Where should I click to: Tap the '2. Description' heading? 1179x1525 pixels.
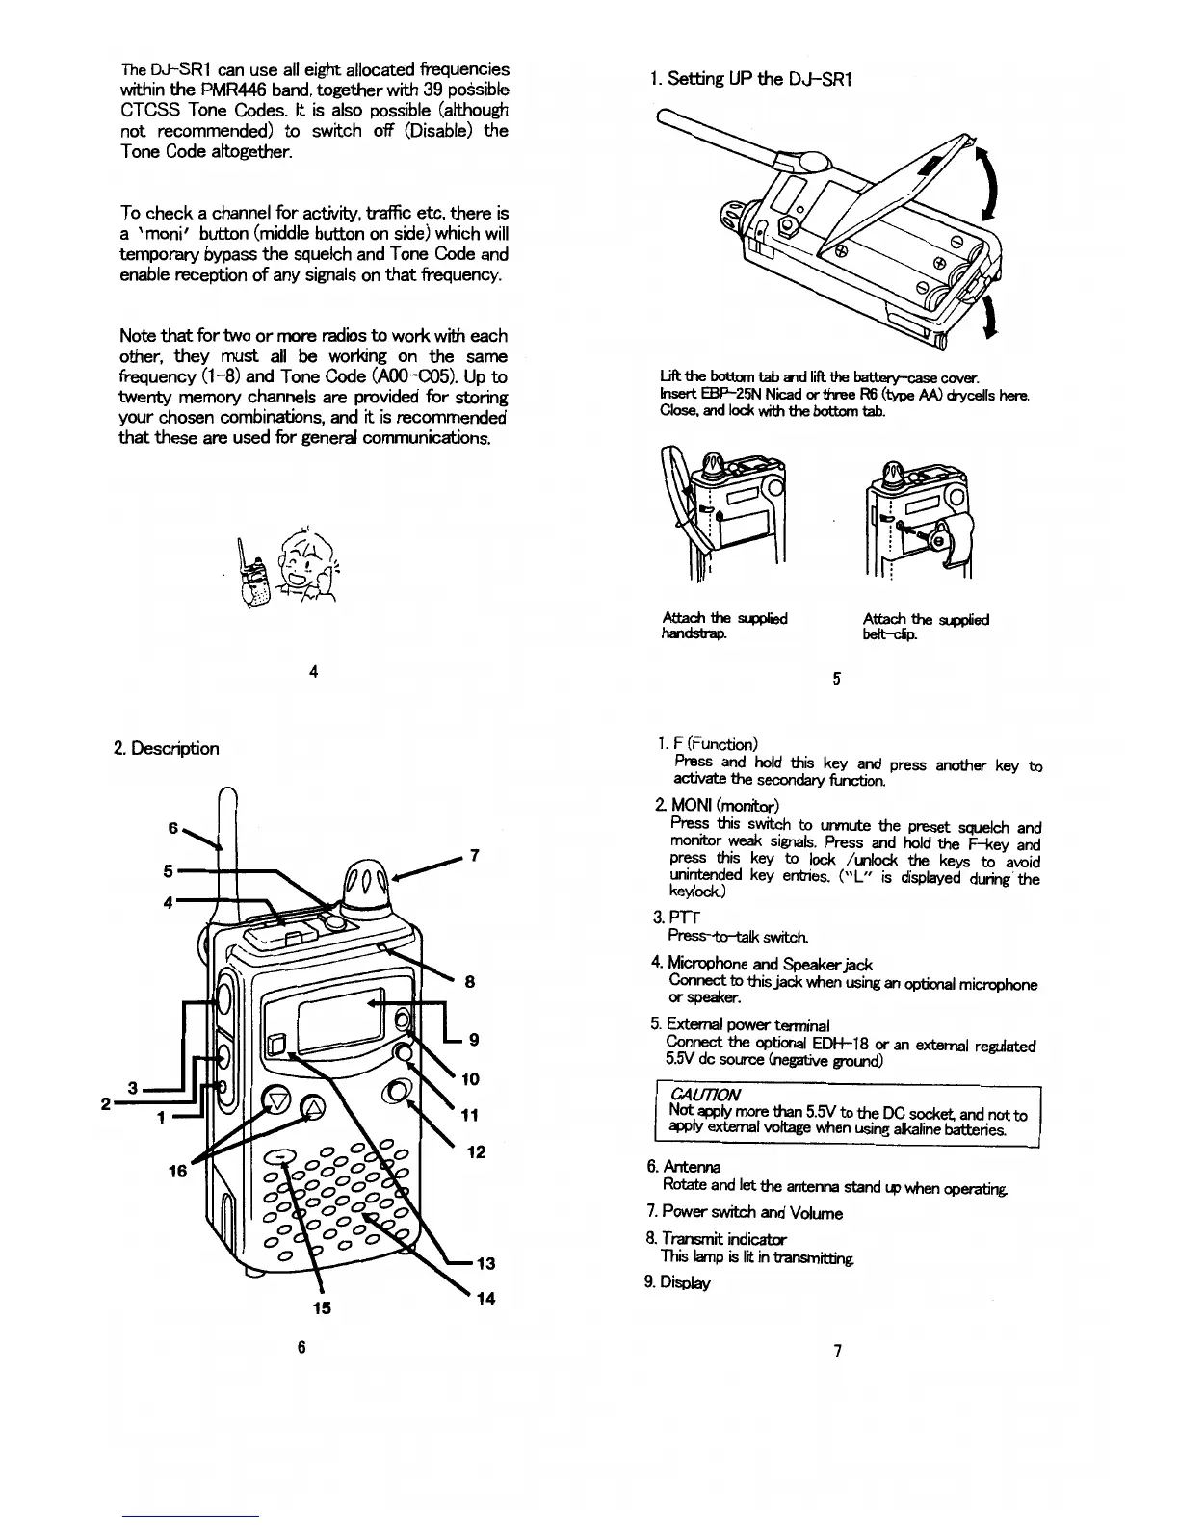[x=167, y=748]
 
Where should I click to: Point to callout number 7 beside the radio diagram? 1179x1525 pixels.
[x=473, y=855]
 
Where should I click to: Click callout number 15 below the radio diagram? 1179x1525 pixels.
[x=323, y=1307]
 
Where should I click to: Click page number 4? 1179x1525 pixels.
[x=314, y=671]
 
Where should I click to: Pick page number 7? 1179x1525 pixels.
[x=836, y=1351]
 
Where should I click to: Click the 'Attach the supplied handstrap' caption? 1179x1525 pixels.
[x=724, y=626]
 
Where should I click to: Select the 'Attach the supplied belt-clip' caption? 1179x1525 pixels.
[x=926, y=626]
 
